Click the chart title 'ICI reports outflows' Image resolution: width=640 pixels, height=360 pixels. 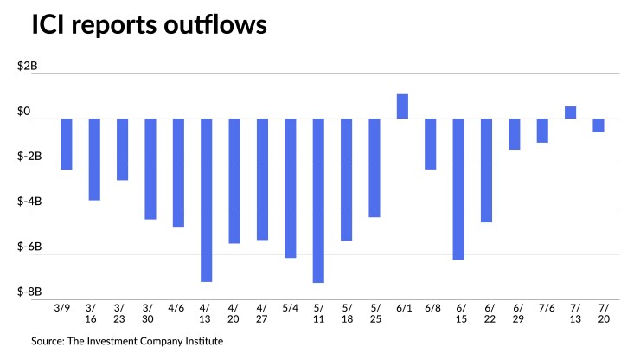tap(149, 26)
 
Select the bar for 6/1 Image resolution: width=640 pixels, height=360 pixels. tap(402, 106)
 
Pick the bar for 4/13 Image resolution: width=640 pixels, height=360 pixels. tap(206, 200)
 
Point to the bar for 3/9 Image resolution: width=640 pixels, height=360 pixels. tap(66, 144)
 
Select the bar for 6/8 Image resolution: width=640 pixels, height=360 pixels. tap(431, 144)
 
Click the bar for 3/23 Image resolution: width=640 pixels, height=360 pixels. tap(122, 149)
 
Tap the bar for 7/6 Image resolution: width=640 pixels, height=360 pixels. tap(542, 131)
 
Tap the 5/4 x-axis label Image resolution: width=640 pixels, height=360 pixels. tap(291, 307)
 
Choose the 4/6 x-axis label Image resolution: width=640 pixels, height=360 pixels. tap(177, 307)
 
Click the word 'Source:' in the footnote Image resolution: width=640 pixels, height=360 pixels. tap(50, 341)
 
